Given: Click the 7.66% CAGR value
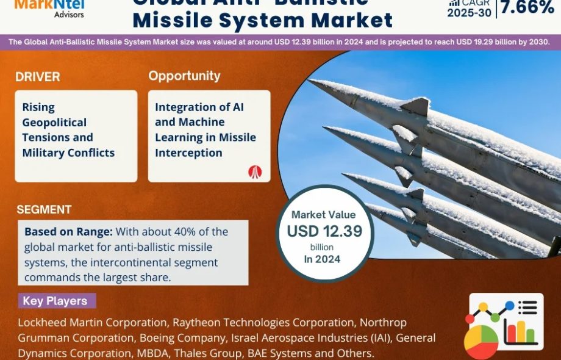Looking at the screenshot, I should pyautogui.click(x=527, y=7).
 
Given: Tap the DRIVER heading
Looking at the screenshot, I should pyautogui.click(x=38, y=77).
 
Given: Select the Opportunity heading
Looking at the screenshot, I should pyautogui.click(x=184, y=76).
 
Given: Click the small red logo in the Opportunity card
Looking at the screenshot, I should pyautogui.click(x=255, y=171).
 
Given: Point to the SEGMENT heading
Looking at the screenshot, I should pyautogui.click(x=44, y=210).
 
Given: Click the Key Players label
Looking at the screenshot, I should pyautogui.click(x=55, y=301).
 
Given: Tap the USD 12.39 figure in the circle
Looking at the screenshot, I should pyautogui.click(x=324, y=231).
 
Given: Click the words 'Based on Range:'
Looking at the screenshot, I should pyautogui.click(x=68, y=232).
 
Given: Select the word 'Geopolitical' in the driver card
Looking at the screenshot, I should pyautogui.click(x=54, y=122).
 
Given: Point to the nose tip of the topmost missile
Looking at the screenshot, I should pyautogui.click(x=310, y=81).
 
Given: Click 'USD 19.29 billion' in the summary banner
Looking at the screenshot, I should pyautogui.click(x=478, y=42).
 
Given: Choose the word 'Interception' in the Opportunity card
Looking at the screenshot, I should pyautogui.click(x=188, y=153).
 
